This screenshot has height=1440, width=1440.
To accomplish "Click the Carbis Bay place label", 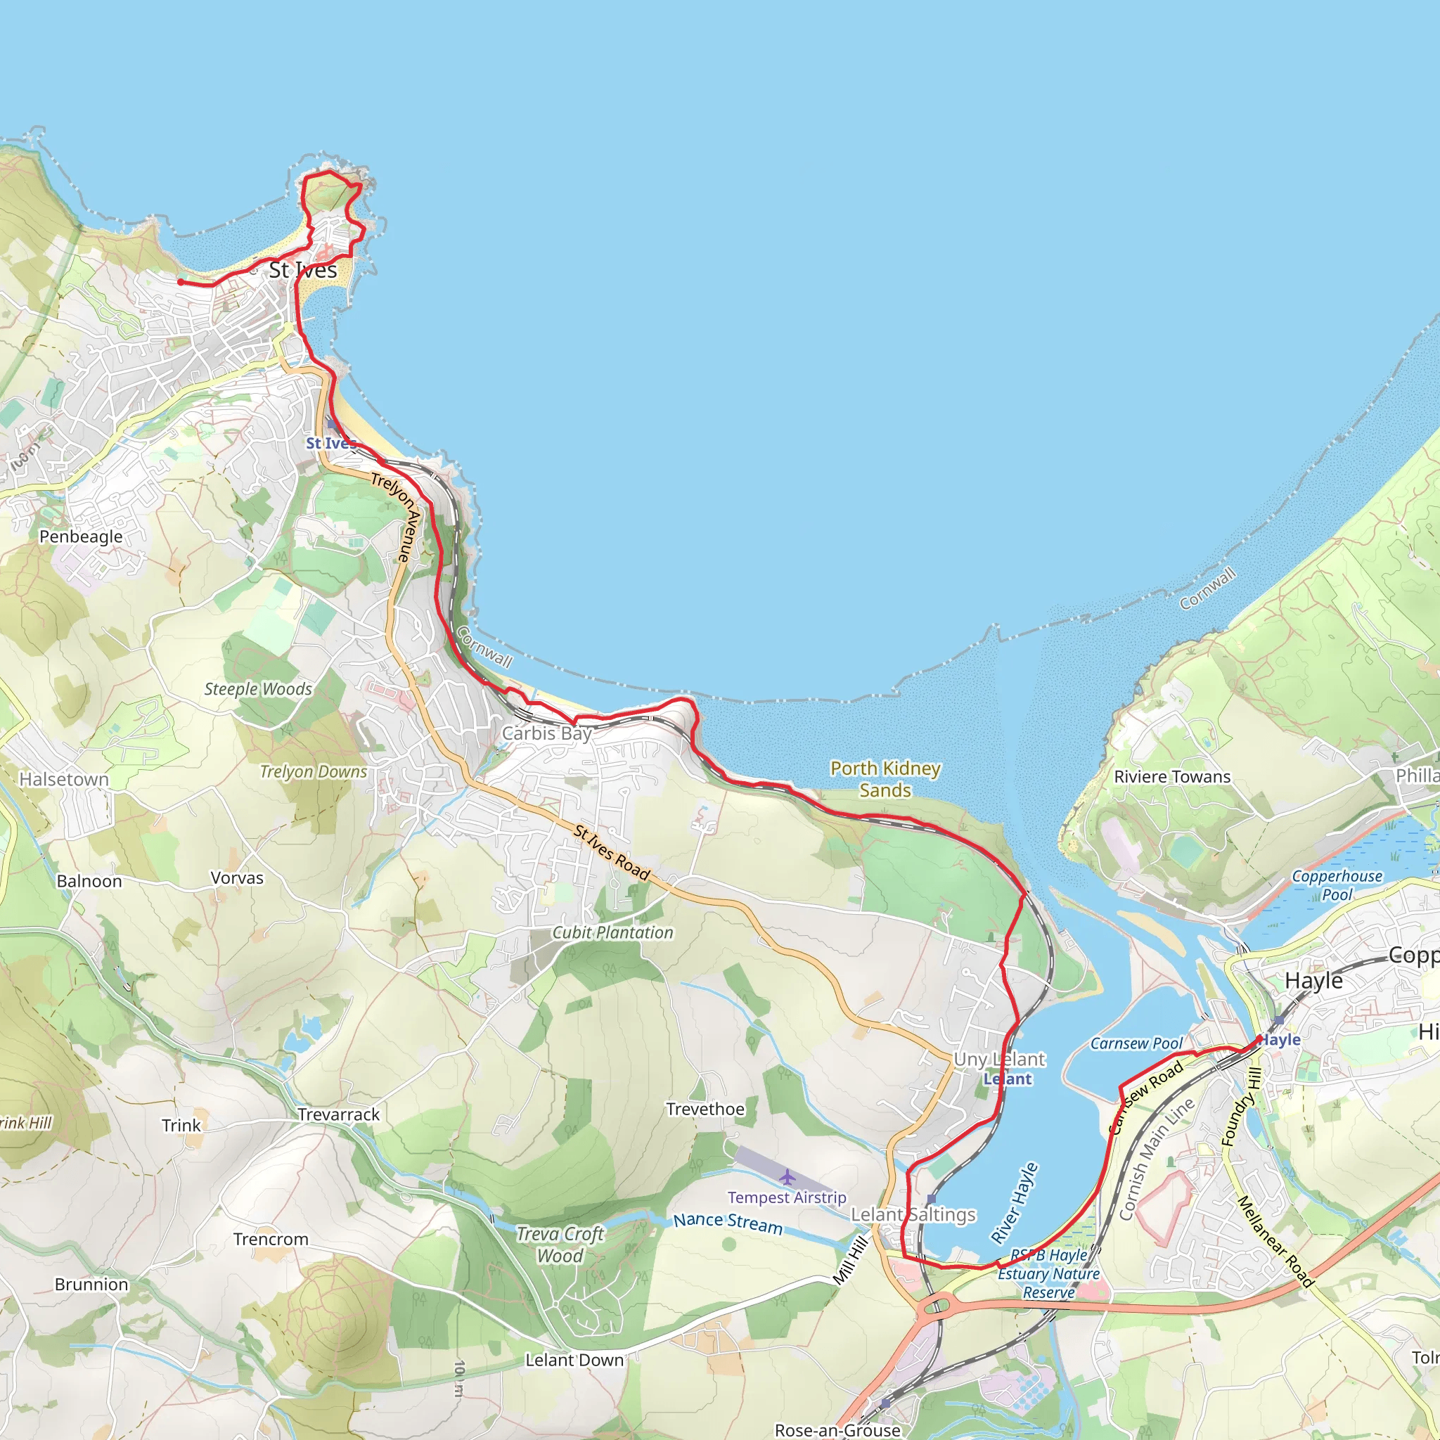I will pyautogui.click(x=547, y=733).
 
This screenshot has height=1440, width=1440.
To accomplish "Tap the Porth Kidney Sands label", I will pyautogui.click(x=885, y=779).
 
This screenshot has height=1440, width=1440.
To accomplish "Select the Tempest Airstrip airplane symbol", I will pyautogui.click(x=787, y=1178).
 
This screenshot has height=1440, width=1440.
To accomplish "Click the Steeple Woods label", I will pyautogui.click(x=258, y=690).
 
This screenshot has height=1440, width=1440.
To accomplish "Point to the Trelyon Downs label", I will pyautogui.click(x=313, y=772).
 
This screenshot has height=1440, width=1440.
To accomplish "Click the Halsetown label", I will pyautogui.click(x=64, y=780).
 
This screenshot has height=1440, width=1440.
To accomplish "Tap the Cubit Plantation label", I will pyautogui.click(x=612, y=932).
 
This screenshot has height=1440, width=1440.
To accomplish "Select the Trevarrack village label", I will pyautogui.click(x=338, y=1115).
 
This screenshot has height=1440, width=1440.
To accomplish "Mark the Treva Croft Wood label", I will pyautogui.click(x=560, y=1245).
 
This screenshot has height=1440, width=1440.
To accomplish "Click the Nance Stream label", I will pyautogui.click(x=728, y=1223).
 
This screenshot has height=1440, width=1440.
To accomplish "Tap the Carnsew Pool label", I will pyautogui.click(x=1136, y=1043).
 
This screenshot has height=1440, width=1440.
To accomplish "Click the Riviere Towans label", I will pyautogui.click(x=1171, y=777).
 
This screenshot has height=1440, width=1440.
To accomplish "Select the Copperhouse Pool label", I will pyautogui.click(x=1337, y=885).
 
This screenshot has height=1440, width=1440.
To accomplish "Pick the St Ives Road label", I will pyautogui.click(x=612, y=853).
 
